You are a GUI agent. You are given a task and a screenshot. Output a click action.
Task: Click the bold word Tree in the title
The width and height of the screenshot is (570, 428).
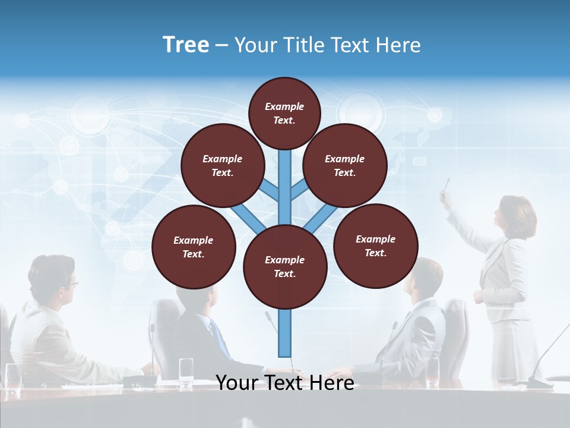pos(186,45)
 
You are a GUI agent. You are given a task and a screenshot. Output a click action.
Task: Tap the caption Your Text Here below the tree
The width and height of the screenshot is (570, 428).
pos(284,383)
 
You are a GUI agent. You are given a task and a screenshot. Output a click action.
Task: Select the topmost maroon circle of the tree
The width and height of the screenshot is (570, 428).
pos(284,113)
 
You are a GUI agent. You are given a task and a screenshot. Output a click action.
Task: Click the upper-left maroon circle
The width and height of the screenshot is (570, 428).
pos(222,165)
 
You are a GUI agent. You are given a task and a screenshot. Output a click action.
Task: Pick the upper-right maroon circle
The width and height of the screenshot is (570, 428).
pos(344,165)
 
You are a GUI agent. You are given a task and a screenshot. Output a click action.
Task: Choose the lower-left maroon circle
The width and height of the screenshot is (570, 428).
pos(194,247)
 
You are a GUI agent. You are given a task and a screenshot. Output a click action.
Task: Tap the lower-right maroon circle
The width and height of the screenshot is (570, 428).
pos(375,246)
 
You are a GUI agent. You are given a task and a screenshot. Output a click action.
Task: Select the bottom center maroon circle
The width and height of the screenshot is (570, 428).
pos(285,267)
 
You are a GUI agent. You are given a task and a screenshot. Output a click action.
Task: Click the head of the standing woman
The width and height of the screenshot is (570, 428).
pos(514,214)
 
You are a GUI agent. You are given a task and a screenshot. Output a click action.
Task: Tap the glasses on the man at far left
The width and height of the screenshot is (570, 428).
pos(71,284)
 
